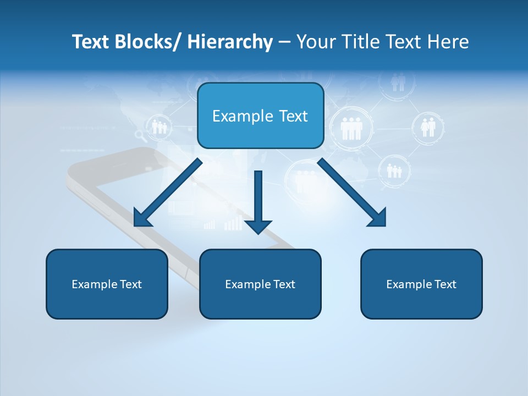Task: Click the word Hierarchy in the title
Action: click(230, 42)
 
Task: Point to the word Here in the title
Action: click(448, 42)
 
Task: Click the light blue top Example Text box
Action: click(260, 116)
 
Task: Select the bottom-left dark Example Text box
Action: click(107, 284)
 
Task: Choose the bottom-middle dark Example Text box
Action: click(260, 284)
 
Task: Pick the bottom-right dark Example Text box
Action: click(421, 284)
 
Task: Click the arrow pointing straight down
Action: click(258, 201)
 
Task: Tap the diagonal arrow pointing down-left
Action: click(168, 193)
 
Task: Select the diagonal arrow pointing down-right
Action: click(352, 193)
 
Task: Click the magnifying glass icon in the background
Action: click(140, 134)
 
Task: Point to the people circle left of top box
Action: click(159, 127)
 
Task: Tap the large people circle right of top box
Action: click(351, 128)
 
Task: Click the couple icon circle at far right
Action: click(427, 127)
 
